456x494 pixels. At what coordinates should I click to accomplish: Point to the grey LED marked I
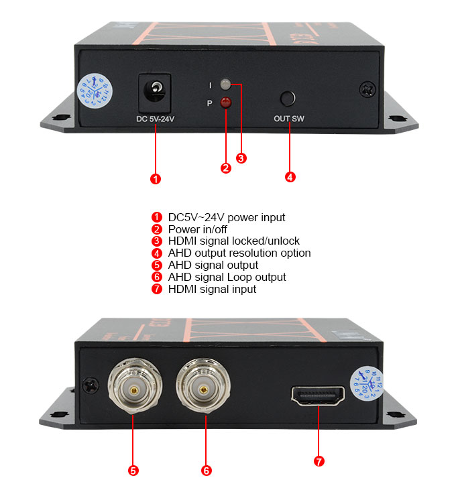point(225,84)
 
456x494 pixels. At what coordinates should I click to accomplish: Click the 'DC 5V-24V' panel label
point(155,121)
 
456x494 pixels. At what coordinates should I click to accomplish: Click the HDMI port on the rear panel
point(319,395)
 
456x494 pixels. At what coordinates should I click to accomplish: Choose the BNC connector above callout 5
point(133,388)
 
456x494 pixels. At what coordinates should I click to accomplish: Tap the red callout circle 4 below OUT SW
point(290,177)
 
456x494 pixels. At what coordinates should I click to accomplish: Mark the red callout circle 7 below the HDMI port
point(319,461)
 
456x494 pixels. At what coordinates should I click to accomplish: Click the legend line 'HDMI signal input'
point(212,289)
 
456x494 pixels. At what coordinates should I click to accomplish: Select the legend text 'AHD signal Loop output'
point(227,277)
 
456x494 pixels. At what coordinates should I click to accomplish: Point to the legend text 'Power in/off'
point(198,229)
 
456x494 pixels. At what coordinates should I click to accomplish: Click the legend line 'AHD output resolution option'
point(239,253)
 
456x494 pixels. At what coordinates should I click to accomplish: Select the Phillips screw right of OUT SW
point(367,88)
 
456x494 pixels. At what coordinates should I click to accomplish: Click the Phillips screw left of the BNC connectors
point(89,385)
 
